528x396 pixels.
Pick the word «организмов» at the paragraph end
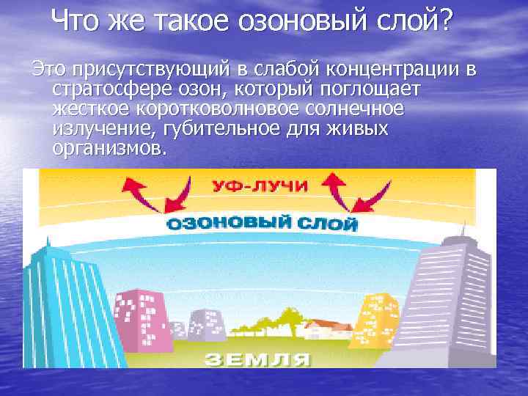click(109, 149)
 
